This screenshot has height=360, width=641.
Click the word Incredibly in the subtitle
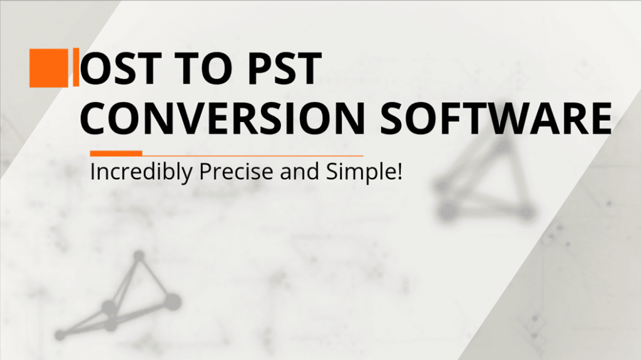click(142, 172)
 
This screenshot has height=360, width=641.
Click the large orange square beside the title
click(49, 68)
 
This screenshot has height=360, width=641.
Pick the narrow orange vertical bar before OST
click(76, 68)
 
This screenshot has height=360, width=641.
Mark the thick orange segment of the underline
click(116, 153)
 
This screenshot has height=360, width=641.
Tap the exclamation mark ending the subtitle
click(397, 171)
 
